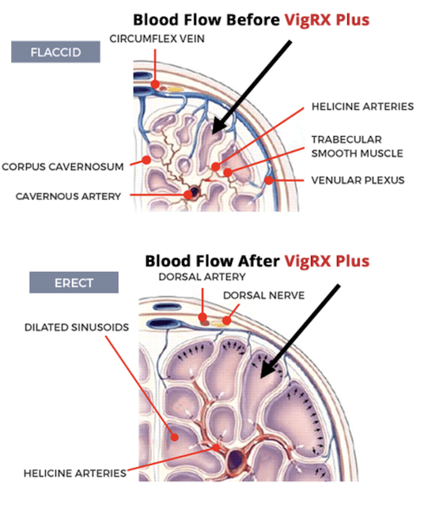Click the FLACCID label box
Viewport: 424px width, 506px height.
click(x=55, y=51)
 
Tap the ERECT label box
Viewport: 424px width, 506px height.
click(x=74, y=282)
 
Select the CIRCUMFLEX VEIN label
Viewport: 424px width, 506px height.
click(x=157, y=39)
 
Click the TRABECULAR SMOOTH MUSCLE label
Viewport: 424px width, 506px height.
click(x=357, y=146)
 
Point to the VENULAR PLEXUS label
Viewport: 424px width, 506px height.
click(x=358, y=180)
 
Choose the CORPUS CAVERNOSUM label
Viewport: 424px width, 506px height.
click(x=62, y=167)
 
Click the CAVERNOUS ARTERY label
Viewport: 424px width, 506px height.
click(x=68, y=196)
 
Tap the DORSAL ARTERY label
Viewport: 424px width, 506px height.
click(x=203, y=277)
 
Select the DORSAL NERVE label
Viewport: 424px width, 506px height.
click(x=264, y=295)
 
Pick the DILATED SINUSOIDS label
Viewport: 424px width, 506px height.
click(x=77, y=327)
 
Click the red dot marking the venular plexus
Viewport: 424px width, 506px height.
click(x=269, y=180)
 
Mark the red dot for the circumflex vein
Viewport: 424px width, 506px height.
click(x=155, y=85)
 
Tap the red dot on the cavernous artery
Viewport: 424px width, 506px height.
click(x=188, y=194)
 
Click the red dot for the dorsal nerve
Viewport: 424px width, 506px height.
click(x=227, y=320)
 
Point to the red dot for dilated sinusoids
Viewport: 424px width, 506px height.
click(x=174, y=437)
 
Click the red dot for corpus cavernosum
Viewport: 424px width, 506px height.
click(x=146, y=160)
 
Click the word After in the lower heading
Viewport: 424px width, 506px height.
click(x=259, y=261)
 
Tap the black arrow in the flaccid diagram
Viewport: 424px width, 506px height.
click(x=252, y=87)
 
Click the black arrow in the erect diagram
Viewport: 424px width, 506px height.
click(x=300, y=331)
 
